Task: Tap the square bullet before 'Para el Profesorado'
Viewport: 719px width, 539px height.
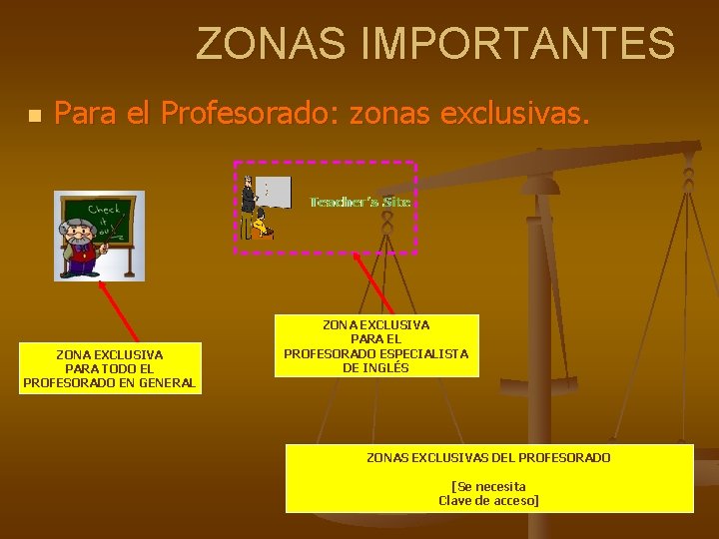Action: click(35, 117)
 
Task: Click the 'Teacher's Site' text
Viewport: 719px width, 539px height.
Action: click(359, 202)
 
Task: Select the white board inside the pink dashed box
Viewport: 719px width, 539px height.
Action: click(274, 191)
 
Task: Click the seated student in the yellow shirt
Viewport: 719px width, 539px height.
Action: click(263, 227)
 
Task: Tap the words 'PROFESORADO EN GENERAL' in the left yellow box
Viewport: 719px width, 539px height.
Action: click(110, 382)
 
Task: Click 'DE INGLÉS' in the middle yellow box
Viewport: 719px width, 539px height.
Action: click(375, 367)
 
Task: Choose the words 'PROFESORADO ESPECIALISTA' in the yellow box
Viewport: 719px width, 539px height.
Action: click(375, 353)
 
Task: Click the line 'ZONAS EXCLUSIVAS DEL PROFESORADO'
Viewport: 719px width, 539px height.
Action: click(488, 457)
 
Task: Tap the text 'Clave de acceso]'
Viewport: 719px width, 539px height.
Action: click(488, 500)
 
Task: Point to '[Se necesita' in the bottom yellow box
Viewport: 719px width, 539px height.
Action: click(488, 486)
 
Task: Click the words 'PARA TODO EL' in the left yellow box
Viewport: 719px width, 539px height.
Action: click(110, 368)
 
